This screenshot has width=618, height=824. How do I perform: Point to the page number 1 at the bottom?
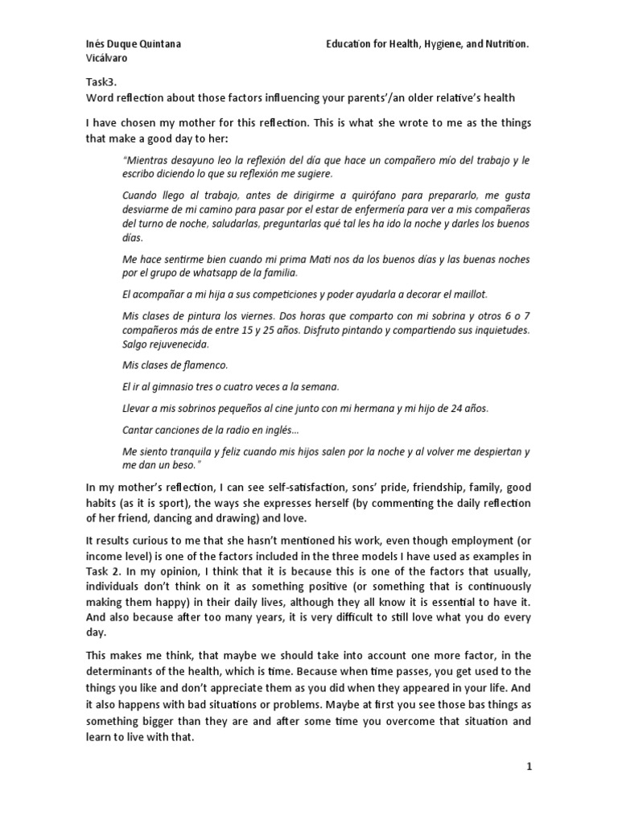pyautogui.click(x=529, y=767)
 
